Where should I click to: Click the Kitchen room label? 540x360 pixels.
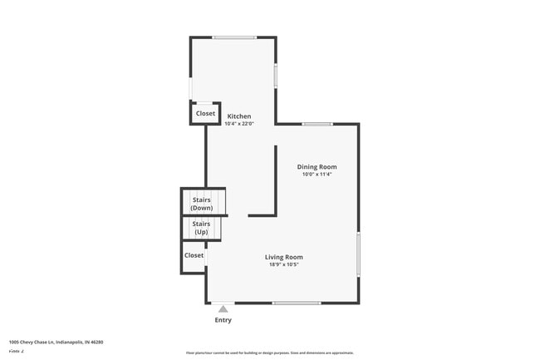point(239,116)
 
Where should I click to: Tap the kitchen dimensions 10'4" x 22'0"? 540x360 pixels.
point(239,124)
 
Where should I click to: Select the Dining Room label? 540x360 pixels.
point(317,167)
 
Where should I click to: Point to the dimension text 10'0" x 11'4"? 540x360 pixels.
point(317,175)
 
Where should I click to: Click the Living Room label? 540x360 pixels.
point(284,257)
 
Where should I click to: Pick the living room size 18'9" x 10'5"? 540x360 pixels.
point(284,264)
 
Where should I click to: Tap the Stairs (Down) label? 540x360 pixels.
point(202,204)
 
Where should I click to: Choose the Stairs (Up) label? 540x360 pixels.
point(201,228)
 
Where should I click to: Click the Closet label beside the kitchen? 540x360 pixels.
point(205,113)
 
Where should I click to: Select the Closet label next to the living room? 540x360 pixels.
point(194,255)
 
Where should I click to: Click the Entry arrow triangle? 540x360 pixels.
point(223,309)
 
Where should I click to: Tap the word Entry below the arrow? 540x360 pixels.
point(223,320)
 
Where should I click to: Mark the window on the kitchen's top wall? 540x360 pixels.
point(234,37)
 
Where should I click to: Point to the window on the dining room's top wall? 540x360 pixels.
point(317,125)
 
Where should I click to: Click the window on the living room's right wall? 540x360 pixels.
point(358,254)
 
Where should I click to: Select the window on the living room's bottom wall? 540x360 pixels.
point(297,303)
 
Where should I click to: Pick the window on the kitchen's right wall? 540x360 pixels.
point(275,76)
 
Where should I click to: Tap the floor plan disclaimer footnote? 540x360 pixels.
point(270,353)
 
